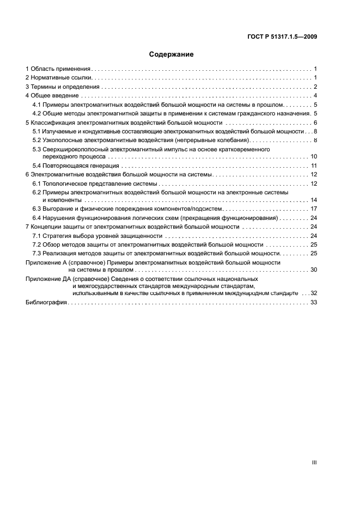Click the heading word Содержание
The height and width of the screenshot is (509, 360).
click(172, 54)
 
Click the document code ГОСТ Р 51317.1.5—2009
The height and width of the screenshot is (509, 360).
click(281, 37)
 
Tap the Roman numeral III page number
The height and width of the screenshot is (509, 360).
click(314, 462)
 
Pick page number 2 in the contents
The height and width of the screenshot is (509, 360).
click(315, 87)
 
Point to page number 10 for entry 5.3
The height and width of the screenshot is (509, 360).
click(314, 157)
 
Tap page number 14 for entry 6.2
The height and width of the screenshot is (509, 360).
click(314, 200)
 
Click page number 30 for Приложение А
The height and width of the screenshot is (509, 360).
click(314, 270)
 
